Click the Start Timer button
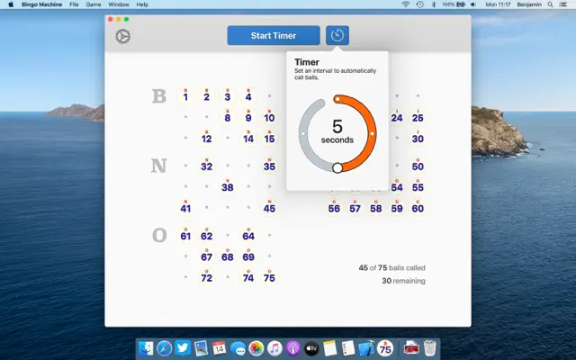[274, 36]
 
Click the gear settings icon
[123, 37]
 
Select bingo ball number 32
[206, 166]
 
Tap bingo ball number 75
[269, 278]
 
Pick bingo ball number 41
[185, 208]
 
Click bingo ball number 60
[418, 208]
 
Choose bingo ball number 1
[185, 96]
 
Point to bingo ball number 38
[227, 187]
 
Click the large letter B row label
[159, 96]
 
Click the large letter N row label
[159, 166]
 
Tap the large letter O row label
[159, 235]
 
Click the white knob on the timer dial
[337, 167]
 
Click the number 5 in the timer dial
[337, 127]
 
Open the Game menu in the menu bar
[94, 4]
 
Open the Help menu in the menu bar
[142, 4]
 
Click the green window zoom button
[126, 19]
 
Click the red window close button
[110, 19]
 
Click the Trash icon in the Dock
[430, 348]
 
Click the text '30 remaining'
[402, 281]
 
